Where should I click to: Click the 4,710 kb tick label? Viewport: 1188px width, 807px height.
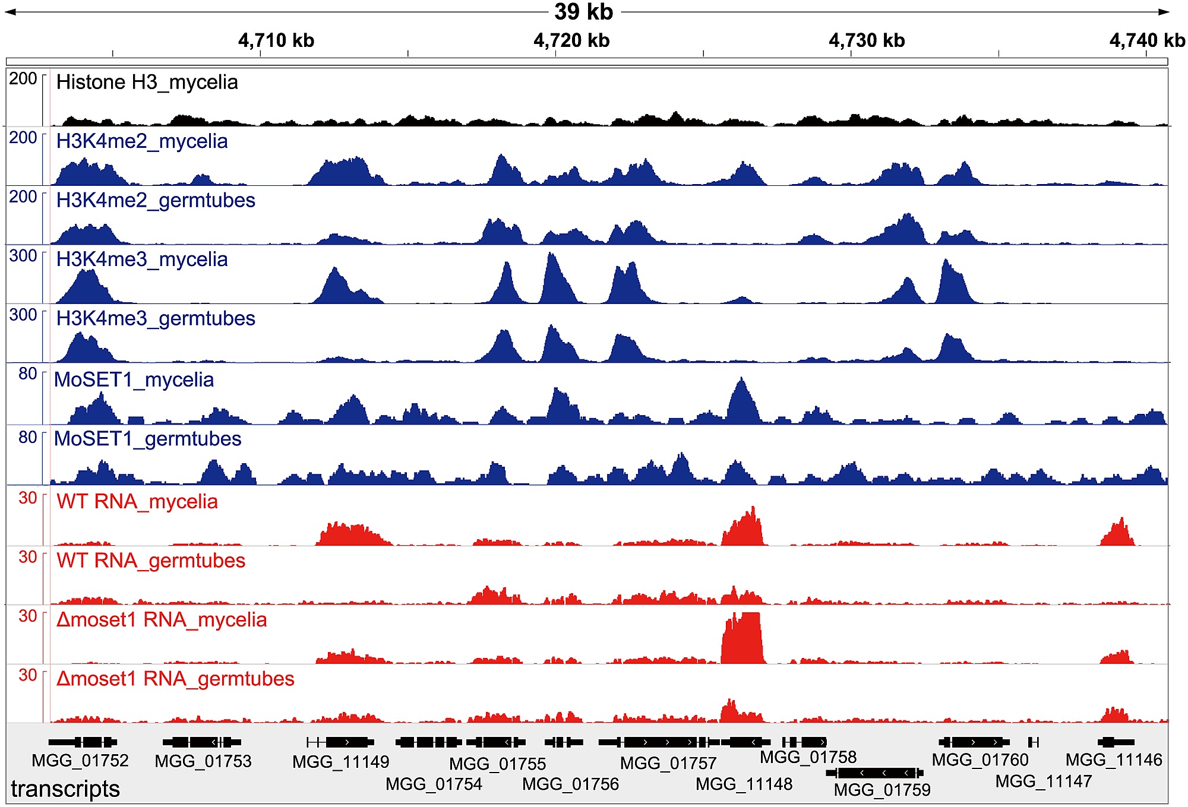click(x=276, y=40)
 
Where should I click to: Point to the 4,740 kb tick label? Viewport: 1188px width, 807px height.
click(x=1146, y=40)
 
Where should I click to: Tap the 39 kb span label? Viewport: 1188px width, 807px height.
click(x=583, y=12)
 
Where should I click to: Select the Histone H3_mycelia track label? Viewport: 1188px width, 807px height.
click(x=147, y=82)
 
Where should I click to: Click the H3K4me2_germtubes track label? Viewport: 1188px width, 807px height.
click(x=156, y=201)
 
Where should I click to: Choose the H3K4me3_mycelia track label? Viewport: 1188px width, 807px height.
click(x=142, y=259)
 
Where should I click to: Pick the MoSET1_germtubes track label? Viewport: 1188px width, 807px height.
click(x=147, y=439)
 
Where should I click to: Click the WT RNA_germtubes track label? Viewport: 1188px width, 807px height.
click(x=151, y=561)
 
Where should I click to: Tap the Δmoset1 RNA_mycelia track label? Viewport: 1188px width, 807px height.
click(x=162, y=620)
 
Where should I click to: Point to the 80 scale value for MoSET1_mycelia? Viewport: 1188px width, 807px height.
click(x=28, y=374)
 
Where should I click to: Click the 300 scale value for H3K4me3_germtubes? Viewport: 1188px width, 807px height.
click(x=23, y=315)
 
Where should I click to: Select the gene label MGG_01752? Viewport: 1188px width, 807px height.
click(x=80, y=761)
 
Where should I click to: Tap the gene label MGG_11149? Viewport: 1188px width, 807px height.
click(x=341, y=762)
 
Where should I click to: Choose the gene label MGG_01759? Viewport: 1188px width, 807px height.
click(x=882, y=790)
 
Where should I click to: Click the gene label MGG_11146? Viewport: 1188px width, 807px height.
click(x=1114, y=760)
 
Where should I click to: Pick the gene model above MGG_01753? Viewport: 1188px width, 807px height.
click(x=202, y=742)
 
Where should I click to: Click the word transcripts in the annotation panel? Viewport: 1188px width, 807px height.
click(x=65, y=789)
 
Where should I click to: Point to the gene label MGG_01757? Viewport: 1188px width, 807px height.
click(x=668, y=763)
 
